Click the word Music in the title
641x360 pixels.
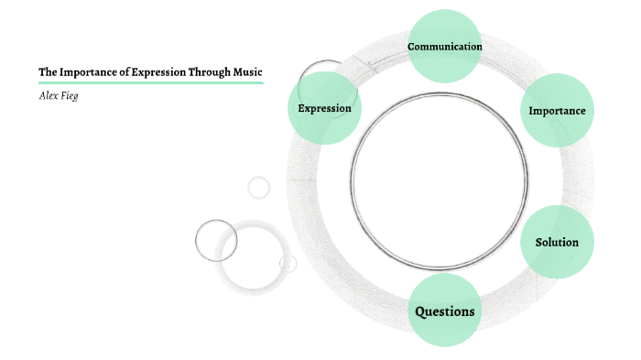[x=247, y=71]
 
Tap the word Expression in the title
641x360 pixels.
[x=157, y=71]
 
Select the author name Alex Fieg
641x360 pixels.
[x=58, y=95]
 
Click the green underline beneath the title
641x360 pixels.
[x=151, y=82]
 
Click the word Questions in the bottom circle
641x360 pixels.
[x=445, y=311]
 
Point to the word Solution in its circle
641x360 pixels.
[x=557, y=243]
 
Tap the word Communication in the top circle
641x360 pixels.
[x=445, y=46]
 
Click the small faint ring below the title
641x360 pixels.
[x=259, y=187]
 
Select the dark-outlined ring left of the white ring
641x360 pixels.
[x=216, y=240]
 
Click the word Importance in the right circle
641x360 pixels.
[x=557, y=111]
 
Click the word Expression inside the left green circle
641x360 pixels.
[x=324, y=108]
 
